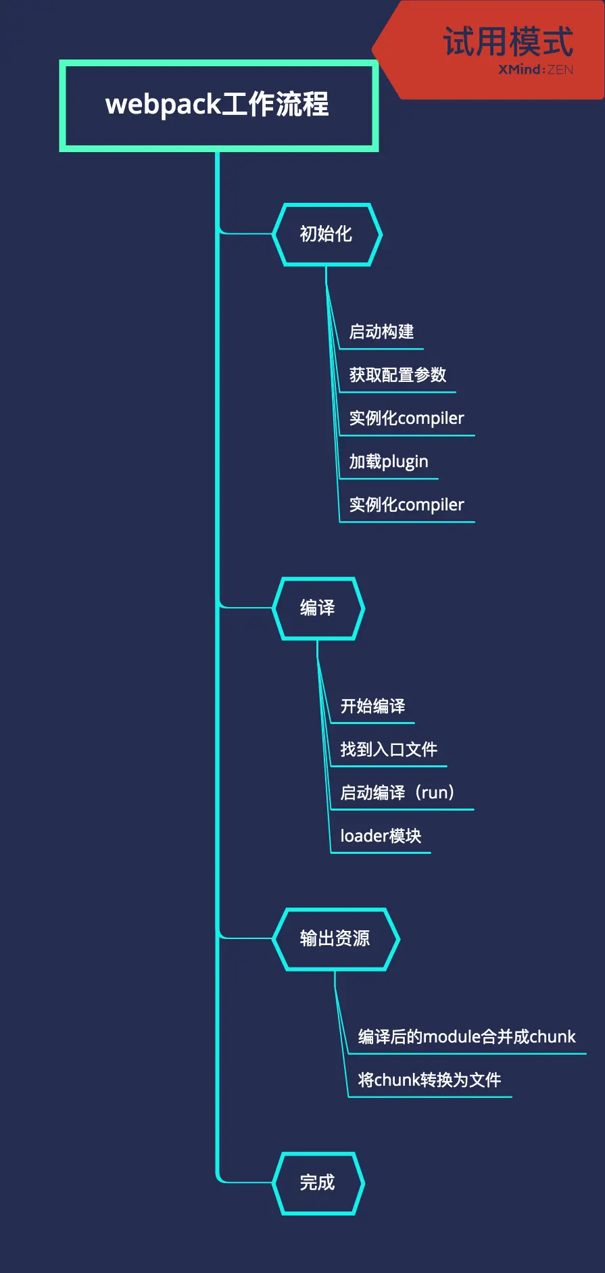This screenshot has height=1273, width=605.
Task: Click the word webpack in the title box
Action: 163,105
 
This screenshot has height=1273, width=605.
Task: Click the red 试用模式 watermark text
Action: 508,41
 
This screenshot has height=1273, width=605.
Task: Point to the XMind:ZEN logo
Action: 535,70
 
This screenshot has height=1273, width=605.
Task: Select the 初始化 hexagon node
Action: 326,234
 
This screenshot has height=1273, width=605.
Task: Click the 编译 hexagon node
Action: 318,608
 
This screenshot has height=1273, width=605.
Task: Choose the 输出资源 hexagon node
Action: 335,938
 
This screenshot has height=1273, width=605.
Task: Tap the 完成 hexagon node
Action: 318,1182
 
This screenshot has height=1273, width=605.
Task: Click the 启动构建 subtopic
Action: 381,332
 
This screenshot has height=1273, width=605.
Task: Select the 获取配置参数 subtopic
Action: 397,375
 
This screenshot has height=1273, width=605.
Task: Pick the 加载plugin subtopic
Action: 389,462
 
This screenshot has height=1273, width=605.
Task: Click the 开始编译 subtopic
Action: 372,706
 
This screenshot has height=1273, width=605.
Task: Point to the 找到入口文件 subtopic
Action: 389,750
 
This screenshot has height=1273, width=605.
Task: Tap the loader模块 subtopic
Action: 381,836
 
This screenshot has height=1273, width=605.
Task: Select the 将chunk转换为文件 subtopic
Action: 429,1080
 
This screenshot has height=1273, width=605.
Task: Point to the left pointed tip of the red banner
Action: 374,50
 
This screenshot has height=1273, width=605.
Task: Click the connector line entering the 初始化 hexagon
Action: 247,234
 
